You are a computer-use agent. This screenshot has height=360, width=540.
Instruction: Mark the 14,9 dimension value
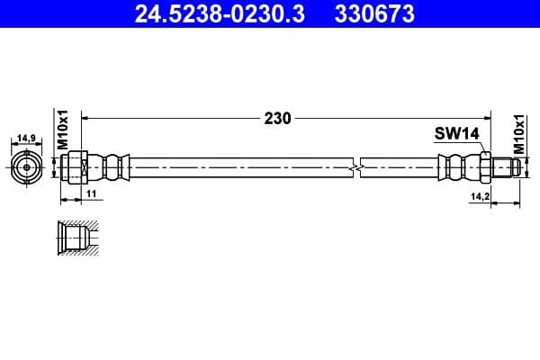point(27,139)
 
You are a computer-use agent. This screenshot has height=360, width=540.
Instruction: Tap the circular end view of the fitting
point(27,166)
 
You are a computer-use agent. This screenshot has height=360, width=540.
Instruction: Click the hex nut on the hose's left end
point(76,166)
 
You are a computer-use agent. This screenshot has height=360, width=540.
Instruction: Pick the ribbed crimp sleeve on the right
point(457,166)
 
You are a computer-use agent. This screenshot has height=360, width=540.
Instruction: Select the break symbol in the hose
point(359,166)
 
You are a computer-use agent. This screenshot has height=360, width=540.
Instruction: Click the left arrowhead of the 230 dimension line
point(87,118)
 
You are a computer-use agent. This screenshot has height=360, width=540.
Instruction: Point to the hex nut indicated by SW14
point(484,166)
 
